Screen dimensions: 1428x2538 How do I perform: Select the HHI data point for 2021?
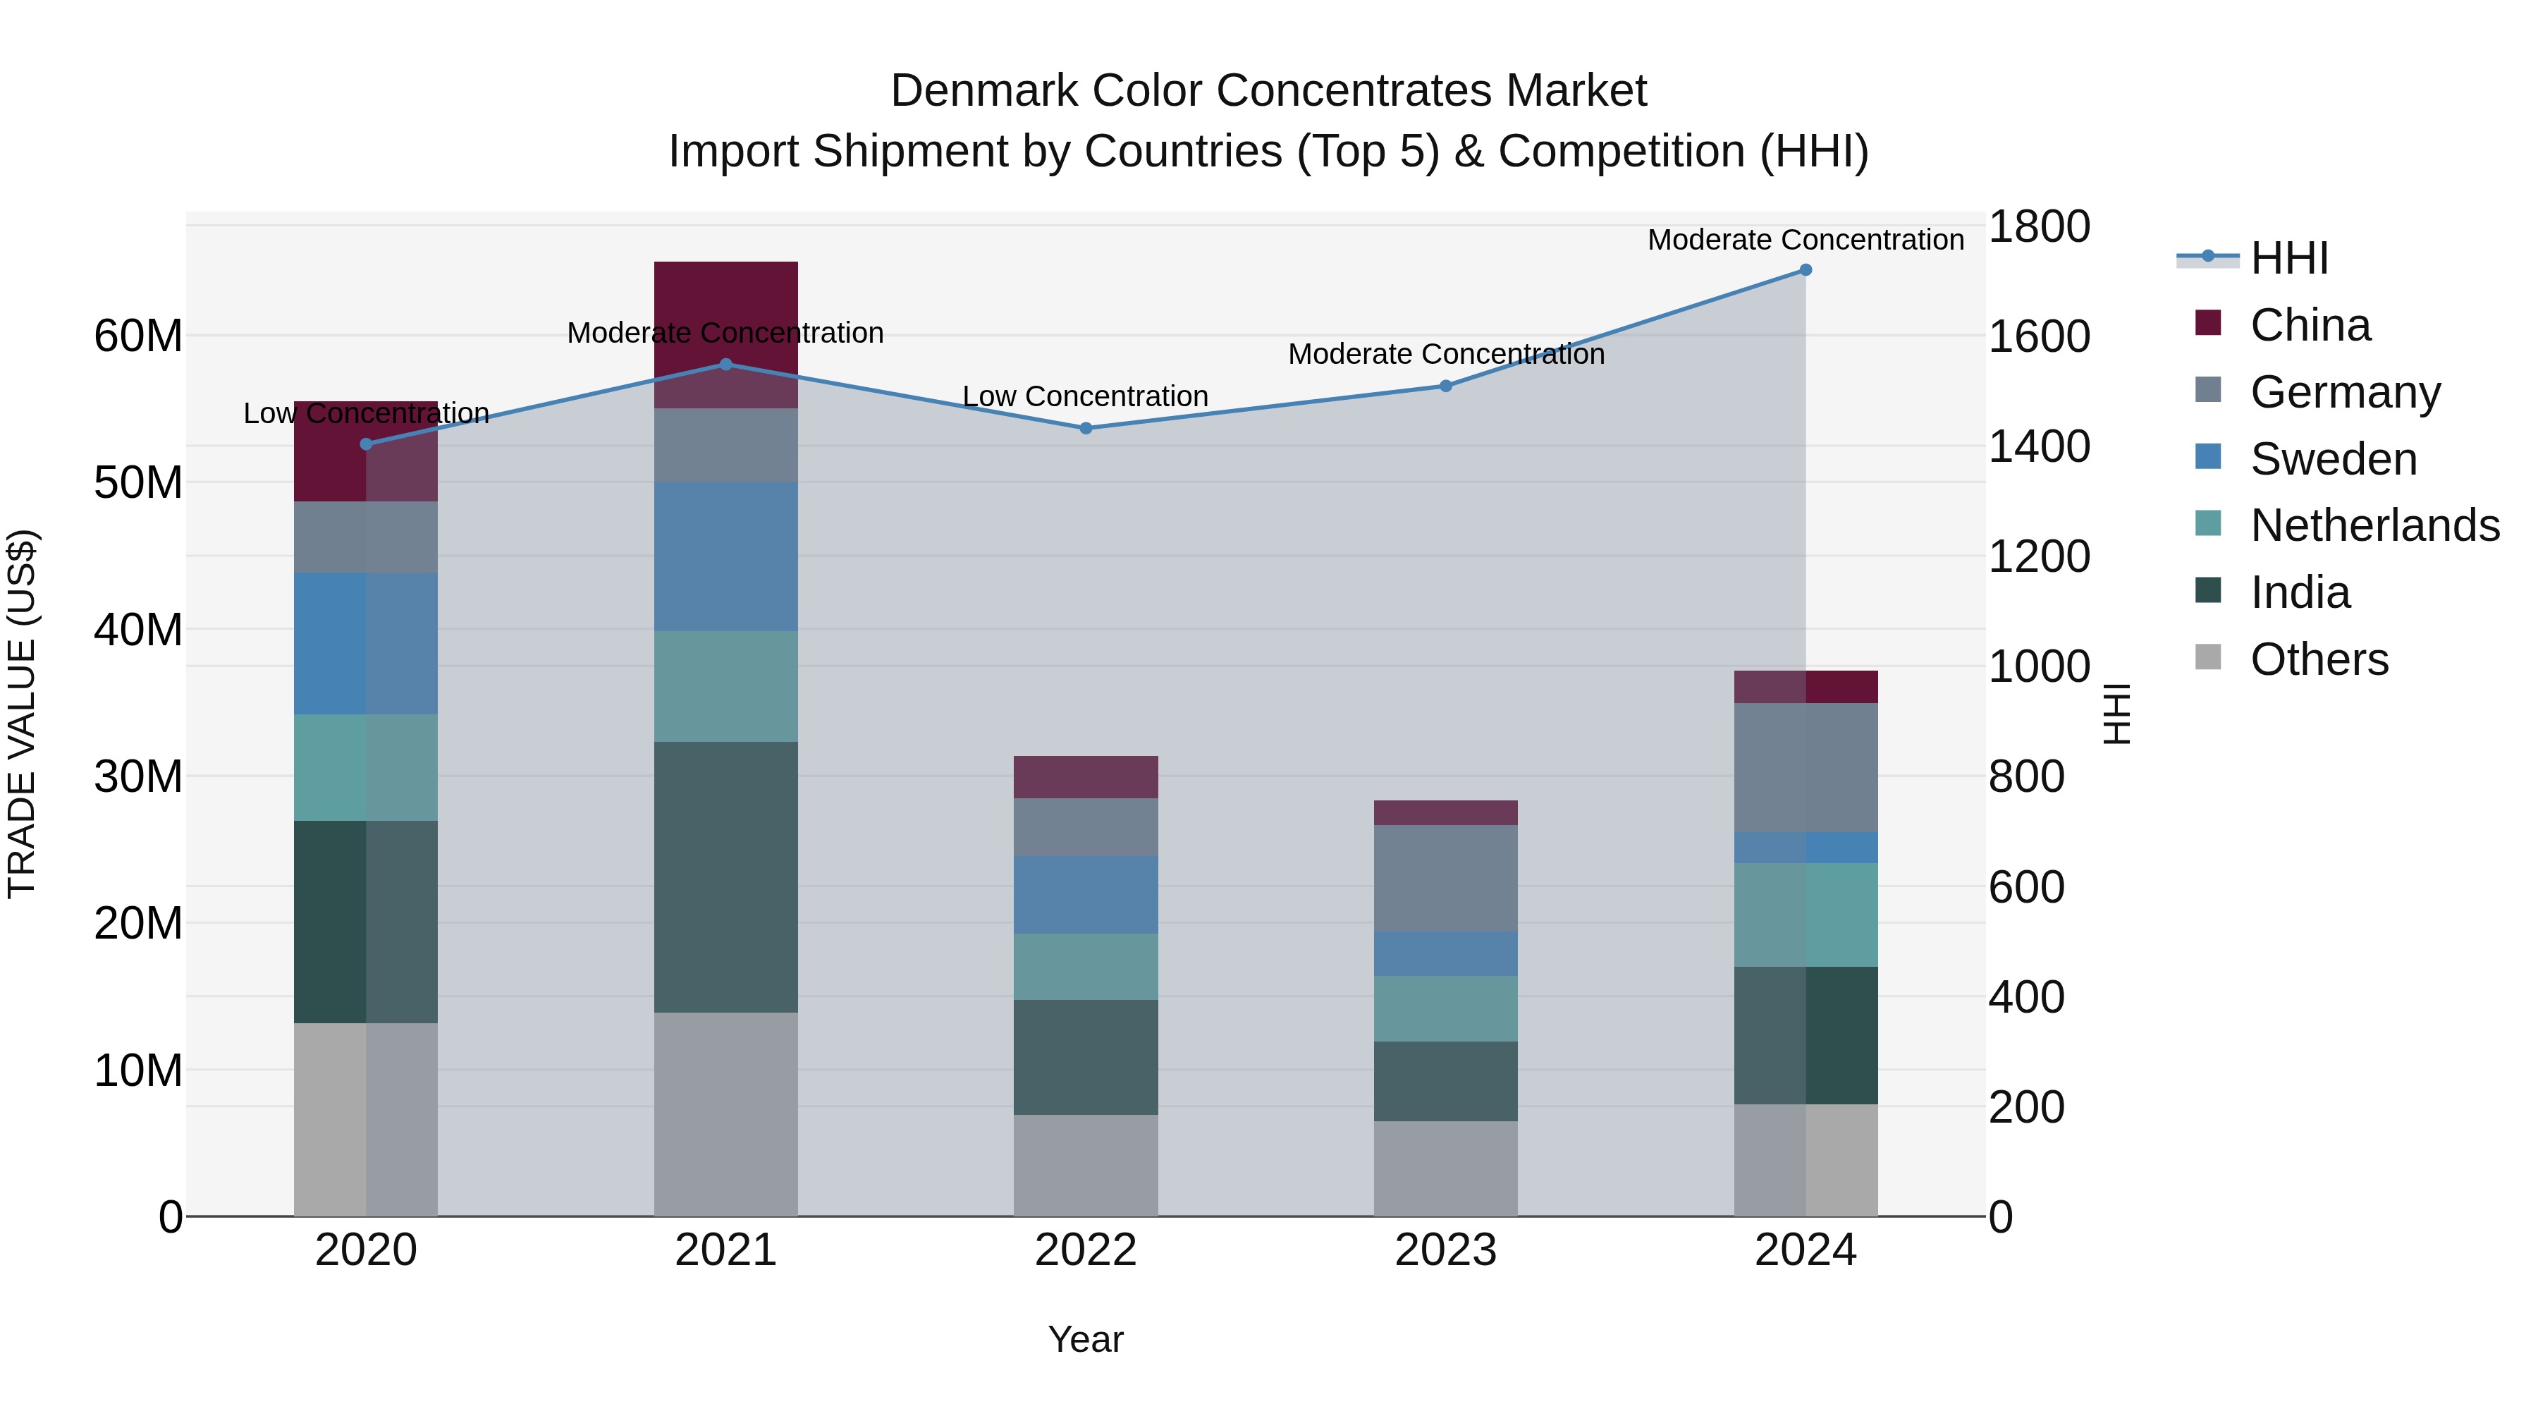(726, 365)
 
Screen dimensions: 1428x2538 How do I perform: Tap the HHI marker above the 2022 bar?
(1086, 429)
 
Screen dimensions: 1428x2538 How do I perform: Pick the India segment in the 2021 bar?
(726, 877)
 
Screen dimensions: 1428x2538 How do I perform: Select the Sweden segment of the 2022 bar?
(1086, 895)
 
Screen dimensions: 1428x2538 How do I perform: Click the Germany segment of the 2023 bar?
(1445, 878)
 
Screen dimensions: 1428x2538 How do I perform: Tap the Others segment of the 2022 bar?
(1086, 1165)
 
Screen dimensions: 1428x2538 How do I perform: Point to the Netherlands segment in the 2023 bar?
(1445, 1008)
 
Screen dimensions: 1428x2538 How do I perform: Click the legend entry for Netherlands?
(2374, 525)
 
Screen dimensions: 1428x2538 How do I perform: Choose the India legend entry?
(2300, 592)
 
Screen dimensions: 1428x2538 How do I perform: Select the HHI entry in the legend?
(2288, 258)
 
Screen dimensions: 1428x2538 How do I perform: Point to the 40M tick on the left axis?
(138, 630)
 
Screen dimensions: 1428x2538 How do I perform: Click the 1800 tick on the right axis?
(2038, 226)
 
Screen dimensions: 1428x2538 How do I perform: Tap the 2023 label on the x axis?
(1445, 1250)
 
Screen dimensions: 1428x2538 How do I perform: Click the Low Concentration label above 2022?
(1085, 396)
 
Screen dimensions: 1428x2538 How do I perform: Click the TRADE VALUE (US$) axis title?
(22, 714)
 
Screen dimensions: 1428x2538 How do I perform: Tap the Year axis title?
(1085, 1339)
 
